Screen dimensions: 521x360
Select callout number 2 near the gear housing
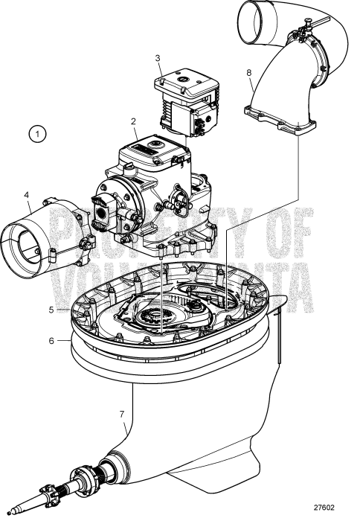(132, 120)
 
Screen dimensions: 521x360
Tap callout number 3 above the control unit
(157, 57)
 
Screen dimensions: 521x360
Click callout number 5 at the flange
(51, 308)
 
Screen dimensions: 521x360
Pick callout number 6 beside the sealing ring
(51, 340)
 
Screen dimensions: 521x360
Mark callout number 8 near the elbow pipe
(249, 73)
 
